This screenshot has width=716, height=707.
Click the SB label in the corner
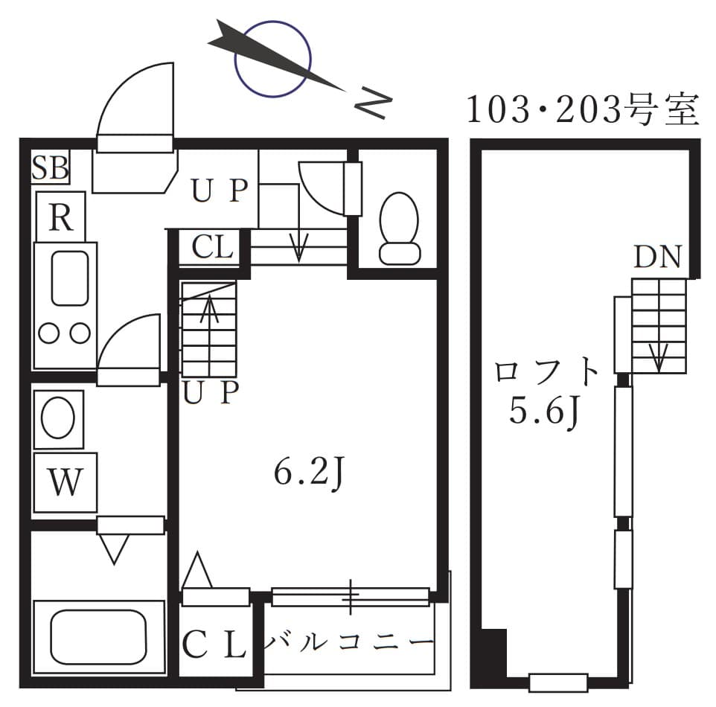[x=50, y=169]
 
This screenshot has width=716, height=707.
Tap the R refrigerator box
[x=61, y=217]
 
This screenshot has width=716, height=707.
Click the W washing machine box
[x=65, y=483]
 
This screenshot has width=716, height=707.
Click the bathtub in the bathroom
[x=98, y=637]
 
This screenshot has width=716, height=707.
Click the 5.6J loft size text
[x=545, y=411]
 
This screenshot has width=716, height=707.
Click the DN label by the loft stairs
[x=658, y=257]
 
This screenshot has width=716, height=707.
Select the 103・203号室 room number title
[x=583, y=111]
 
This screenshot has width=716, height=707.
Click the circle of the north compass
[x=272, y=60]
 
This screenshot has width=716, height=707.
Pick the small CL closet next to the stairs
[x=212, y=247]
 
